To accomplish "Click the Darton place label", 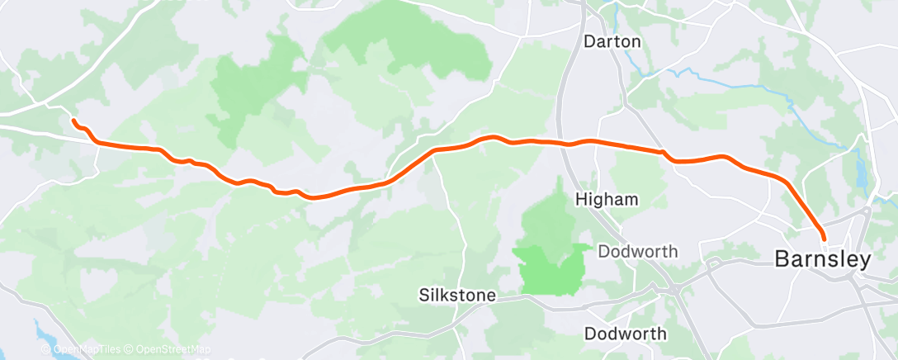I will (612, 40).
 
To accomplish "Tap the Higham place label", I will (607, 200).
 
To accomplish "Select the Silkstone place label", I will (457, 295).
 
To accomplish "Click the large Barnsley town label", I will (822, 259).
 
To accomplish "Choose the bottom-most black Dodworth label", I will (626, 334).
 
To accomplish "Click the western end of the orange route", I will (73, 121).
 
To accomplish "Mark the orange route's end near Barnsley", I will (824, 239).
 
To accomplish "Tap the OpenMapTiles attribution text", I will (85, 349).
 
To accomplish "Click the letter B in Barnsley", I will (781, 259).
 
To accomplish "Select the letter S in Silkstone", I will (423, 295).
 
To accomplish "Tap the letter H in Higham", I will (580, 200).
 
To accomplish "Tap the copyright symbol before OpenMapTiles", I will (46, 349).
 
